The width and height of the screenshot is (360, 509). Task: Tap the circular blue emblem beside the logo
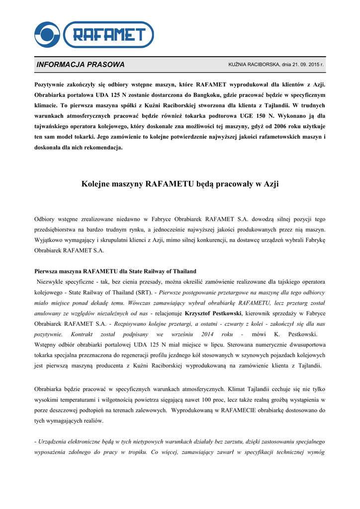click(x=47, y=34)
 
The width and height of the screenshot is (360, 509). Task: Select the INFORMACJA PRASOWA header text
click(x=81, y=65)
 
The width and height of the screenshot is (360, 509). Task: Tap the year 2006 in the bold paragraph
click(x=283, y=126)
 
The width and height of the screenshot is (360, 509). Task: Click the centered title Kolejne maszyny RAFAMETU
click(x=180, y=184)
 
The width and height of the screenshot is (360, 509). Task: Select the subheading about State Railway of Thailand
click(x=115, y=271)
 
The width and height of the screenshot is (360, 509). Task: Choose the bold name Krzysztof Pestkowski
click(x=213, y=313)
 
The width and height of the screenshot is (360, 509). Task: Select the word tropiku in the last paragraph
click(x=135, y=452)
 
